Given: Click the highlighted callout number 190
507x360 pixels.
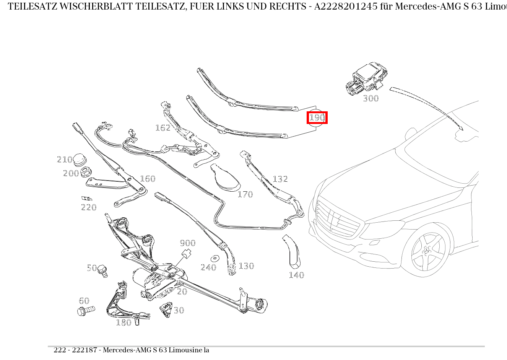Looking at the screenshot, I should click(x=317, y=117).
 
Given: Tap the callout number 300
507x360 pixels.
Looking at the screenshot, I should click(x=370, y=98).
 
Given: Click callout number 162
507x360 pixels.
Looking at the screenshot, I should click(x=162, y=128).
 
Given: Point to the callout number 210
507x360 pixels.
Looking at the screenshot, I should click(x=65, y=160).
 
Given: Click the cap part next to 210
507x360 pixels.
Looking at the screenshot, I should click(x=80, y=160).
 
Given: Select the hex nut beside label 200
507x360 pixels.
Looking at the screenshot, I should click(x=86, y=173).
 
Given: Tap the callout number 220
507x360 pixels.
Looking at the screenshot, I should click(x=89, y=207).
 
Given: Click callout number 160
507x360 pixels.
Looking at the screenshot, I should click(x=148, y=179).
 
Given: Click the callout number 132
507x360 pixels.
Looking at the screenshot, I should click(x=280, y=179).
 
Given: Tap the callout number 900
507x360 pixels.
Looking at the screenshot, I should click(x=187, y=243).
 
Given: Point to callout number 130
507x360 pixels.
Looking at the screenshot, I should click(x=246, y=266).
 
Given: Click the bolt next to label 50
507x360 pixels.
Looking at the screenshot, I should click(x=102, y=270).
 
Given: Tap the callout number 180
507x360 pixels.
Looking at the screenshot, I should click(x=123, y=323).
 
